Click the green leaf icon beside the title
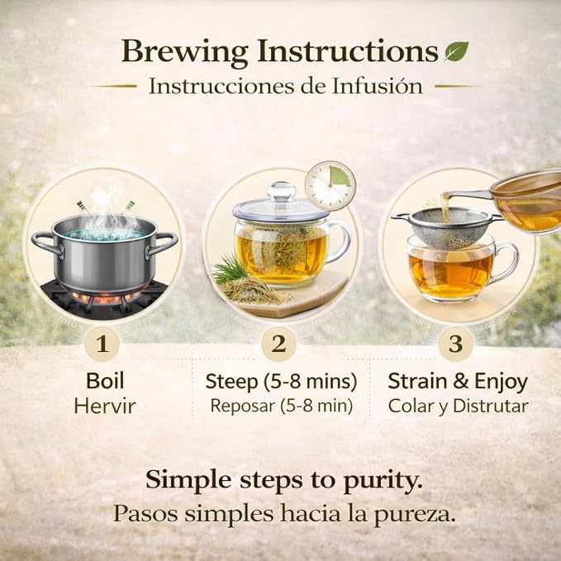pos(457,51)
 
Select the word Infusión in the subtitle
pos(377,86)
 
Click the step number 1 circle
pos(102,344)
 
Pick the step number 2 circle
pos(278,344)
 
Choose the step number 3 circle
pos(456,344)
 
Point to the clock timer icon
pos(330,185)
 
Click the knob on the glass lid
pos(282,191)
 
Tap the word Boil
pos(105,381)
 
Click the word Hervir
pos(105,406)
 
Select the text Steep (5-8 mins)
pos(281,382)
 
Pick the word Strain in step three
pos(417,381)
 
